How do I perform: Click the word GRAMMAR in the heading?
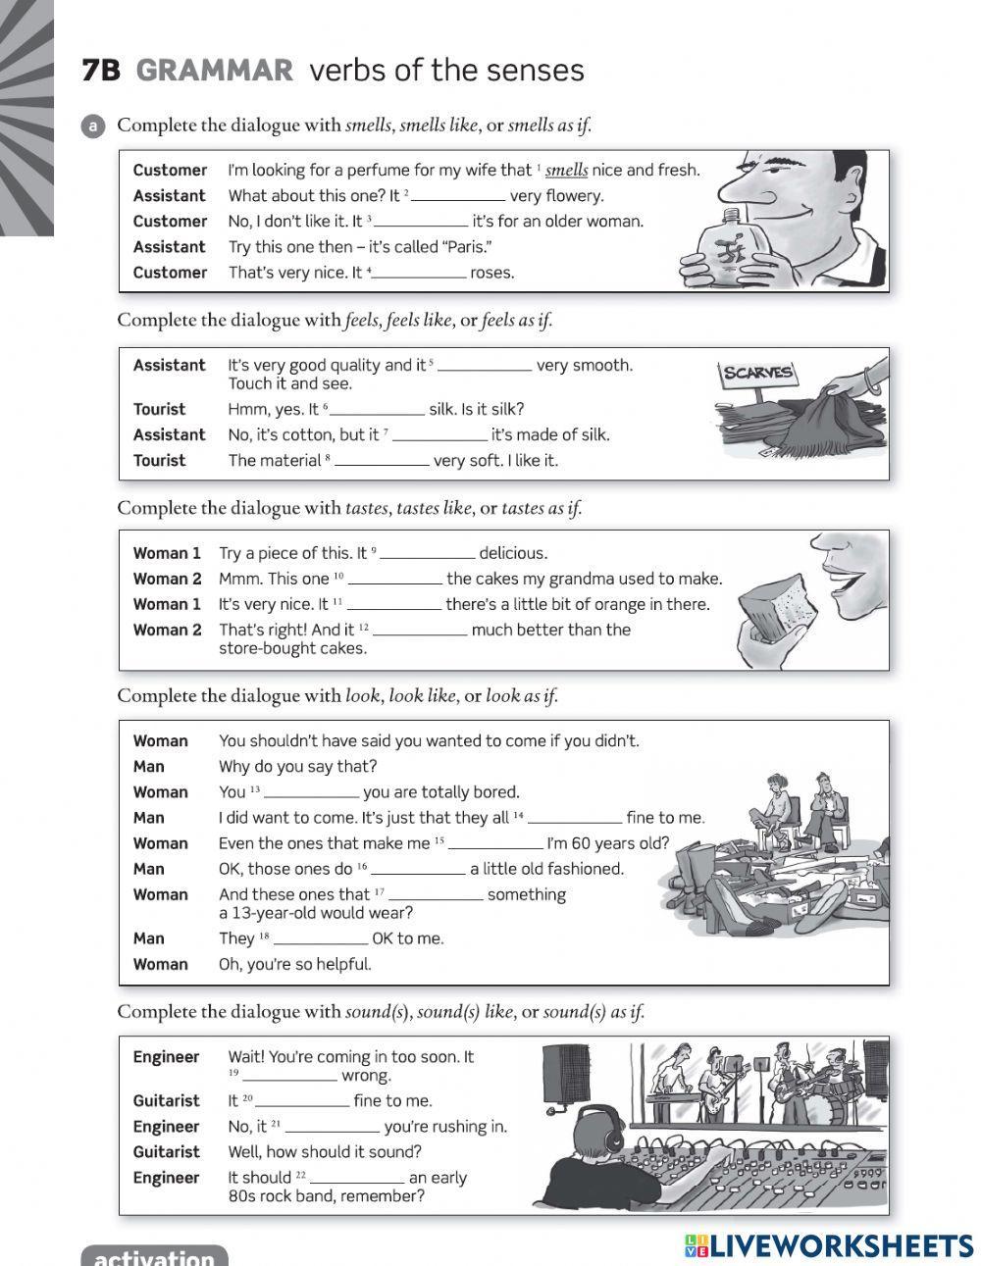(x=214, y=71)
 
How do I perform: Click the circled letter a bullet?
(x=93, y=126)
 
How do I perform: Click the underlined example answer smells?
(x=566, y=170)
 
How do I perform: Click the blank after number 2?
(x=458, y=196)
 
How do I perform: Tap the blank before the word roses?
(x=420, y=274)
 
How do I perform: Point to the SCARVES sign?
(x=757, y=374)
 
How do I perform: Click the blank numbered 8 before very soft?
(x=382, y=461)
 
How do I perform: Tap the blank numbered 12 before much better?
(x=420, y=631)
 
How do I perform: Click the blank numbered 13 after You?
(x=312, y=792)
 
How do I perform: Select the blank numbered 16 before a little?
(x=419, y=869)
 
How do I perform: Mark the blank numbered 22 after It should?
(x=357, y=1178)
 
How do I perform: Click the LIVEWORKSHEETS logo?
(x=829, y=1244)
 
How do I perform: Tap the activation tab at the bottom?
(x=154, y=1255)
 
